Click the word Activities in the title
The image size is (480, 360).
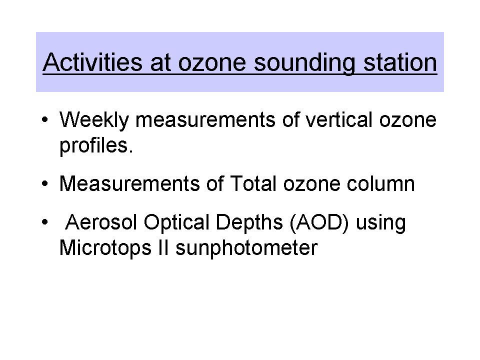[x=92, y=62]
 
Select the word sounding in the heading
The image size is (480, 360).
[x=304, y=63]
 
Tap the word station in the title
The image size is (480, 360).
[x=400, y=62]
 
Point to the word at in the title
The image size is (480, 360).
[x=160, y=63]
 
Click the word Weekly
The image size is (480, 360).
[x=94, y=120]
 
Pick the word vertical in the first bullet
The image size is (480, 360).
[x=339, y=119]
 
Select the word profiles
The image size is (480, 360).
[x=96, y=146]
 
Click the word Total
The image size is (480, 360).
[x=253, y=183]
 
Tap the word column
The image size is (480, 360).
[x=381, y=183]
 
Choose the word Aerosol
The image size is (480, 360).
[x=101, y=222]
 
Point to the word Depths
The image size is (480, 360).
[x=249, y=223]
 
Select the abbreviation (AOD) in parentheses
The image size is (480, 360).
[x=319, y=222]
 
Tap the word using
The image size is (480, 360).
[x=381, y=223]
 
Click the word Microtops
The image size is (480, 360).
[x=105, y=248]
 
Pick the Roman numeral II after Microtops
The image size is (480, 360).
[x=163, y=247]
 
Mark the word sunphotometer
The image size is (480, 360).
[x=246, y=248]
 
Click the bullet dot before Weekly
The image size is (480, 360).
[x=45, y=119]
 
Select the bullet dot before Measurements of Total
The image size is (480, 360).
[x=45, y=183]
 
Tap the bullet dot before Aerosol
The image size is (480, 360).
[x=45, y=222]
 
